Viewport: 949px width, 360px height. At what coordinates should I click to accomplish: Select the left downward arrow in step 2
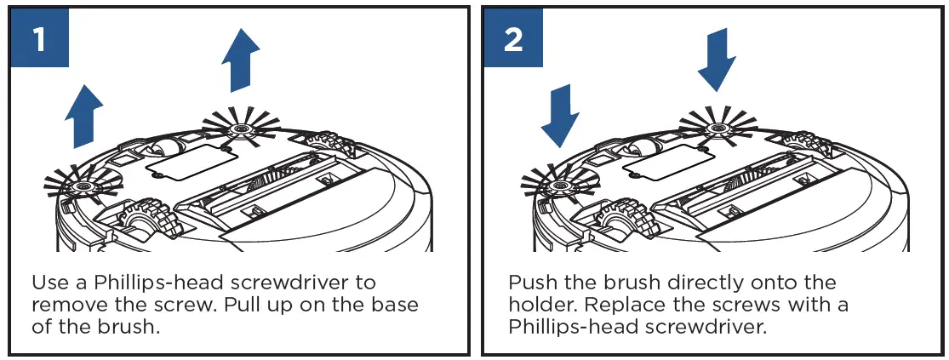559,114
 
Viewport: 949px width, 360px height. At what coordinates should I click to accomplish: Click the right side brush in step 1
243,130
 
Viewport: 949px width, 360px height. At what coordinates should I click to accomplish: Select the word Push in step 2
533,283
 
